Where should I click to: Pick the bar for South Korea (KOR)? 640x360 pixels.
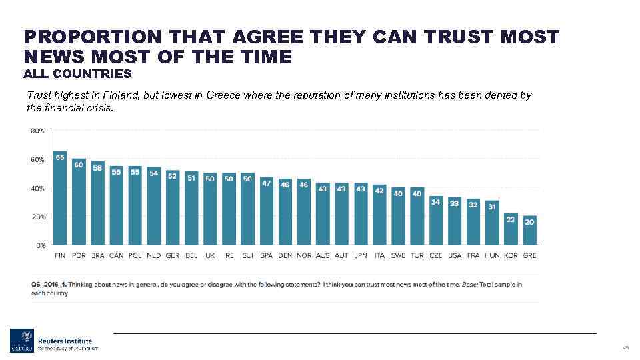pyautogui.click(x=511, y=229)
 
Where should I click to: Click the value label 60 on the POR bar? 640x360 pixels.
pyautogui.click(x=79, y=164)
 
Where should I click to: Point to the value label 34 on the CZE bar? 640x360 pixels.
pyautogui.click(x=436, y=201)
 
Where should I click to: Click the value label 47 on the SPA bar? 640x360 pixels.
pyautogui.click(x=267, y=182)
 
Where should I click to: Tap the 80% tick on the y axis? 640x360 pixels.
pyautogui.click(x=37, y=131)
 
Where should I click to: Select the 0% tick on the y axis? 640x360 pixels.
pyautogui.click(x=40, y=245)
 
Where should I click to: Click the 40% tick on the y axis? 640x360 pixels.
pyautogui.click(x=37, y=189)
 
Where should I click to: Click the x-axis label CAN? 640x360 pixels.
pyautogui.click(x=116, y=255)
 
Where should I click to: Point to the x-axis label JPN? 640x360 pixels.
pyautogui.click(x=361, y=255)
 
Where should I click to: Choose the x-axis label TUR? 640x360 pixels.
pyautogui.click(x=417, y=255)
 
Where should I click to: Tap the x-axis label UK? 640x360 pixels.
pyautogui.click(x=210, y=255)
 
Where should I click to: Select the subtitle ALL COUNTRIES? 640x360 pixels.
pyautogui.click(x=77, y=73)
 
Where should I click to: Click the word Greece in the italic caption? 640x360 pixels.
pyautogui.click(x=224, y=95)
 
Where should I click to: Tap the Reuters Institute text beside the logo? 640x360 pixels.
pyautogui.click(x=65, y=341)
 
